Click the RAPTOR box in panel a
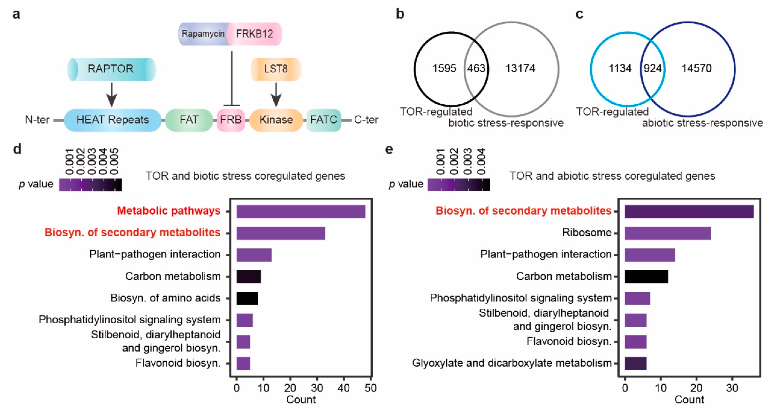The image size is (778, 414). click(x=111, y=69)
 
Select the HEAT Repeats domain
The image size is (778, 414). click(x=112, y=120)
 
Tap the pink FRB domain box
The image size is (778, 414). click(x=231, y=120)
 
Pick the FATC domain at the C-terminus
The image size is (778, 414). click(x=324, y=120)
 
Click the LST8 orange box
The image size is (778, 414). click(x=276, y=69)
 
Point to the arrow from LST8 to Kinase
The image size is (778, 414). click(x=276, y=95)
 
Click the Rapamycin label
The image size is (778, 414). click(x=203, y=34)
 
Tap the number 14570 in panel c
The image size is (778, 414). click(x=697, y=69)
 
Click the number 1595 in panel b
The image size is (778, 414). click(x=444, y=69)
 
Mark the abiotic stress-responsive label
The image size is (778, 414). click(x=702, y=123)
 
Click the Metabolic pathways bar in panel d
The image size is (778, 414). click(x=301, y=212)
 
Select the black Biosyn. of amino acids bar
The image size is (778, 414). click(x=247, y=298)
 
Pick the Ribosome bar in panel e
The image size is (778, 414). click(x=667, y=233)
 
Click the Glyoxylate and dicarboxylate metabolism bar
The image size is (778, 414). click(x=635, y=364)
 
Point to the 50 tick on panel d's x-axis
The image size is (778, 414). click(x=371, y=388)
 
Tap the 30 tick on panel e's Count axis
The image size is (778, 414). click(x=732, y=388)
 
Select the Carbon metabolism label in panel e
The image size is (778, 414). click(x=564, y=276)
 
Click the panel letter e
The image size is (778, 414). click(x=389, y=150)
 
